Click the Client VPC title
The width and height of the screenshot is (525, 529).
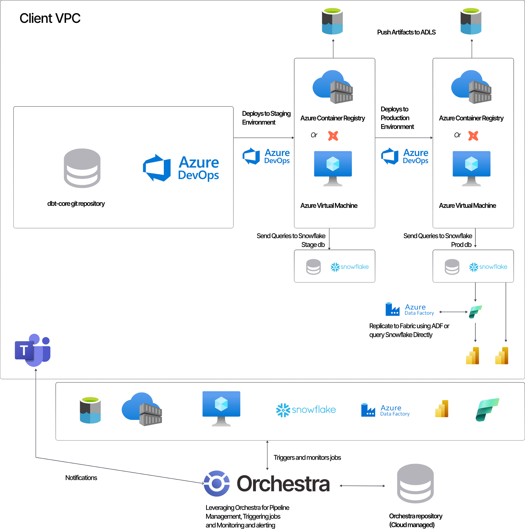50,18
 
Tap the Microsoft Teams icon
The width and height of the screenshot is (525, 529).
33,350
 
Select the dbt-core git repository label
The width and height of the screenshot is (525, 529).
76,204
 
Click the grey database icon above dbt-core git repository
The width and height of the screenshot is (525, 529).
82,168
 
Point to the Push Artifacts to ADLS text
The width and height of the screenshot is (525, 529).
406,32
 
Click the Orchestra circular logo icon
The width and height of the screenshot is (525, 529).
217,484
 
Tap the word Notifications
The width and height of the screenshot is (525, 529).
81,478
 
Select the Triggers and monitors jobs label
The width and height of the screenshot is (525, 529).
307,458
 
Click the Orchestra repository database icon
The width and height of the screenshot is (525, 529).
415,484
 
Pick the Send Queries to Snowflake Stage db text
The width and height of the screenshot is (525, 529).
291,240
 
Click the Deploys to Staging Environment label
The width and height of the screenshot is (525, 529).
266,118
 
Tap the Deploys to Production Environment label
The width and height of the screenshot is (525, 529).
397,118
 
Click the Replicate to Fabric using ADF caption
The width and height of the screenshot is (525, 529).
409,330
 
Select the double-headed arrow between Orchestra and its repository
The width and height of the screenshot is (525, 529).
362,486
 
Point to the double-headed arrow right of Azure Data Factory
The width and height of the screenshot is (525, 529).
453,312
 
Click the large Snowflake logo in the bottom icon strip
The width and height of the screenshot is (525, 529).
306,410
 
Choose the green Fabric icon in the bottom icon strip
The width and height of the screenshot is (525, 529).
487,410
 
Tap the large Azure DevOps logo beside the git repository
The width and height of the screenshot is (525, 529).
181,168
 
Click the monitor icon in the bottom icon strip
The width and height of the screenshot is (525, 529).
221,408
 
